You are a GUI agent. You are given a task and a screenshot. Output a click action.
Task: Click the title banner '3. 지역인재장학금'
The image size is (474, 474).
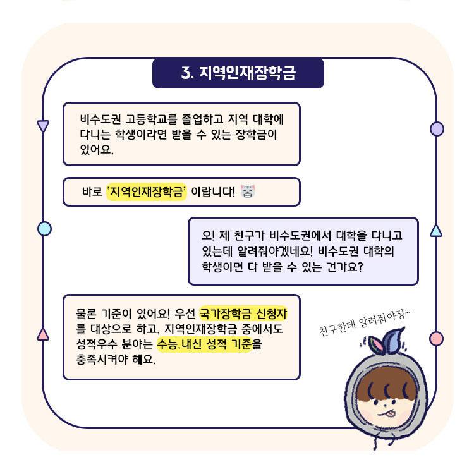[x=238, y=73]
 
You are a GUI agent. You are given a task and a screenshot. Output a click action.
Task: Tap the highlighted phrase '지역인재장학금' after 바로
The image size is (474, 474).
[x=147, y=191]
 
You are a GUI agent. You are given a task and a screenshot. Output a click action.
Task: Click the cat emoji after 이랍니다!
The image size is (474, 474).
[x=248, y=191]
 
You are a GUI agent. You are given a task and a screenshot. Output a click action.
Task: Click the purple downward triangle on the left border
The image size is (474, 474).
[x=43, y=126]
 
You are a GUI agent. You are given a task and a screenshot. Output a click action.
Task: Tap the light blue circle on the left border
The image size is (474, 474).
[x=44, y=228]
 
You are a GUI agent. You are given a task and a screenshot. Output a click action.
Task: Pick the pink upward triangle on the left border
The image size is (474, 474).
[x=43, y=334]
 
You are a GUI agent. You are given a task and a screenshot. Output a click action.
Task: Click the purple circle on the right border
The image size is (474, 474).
[x=436, y=129]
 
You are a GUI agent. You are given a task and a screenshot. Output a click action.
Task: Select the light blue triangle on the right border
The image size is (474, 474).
[x=435, y=229]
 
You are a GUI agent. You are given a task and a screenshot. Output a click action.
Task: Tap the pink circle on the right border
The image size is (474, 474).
[x=436, y=338]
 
